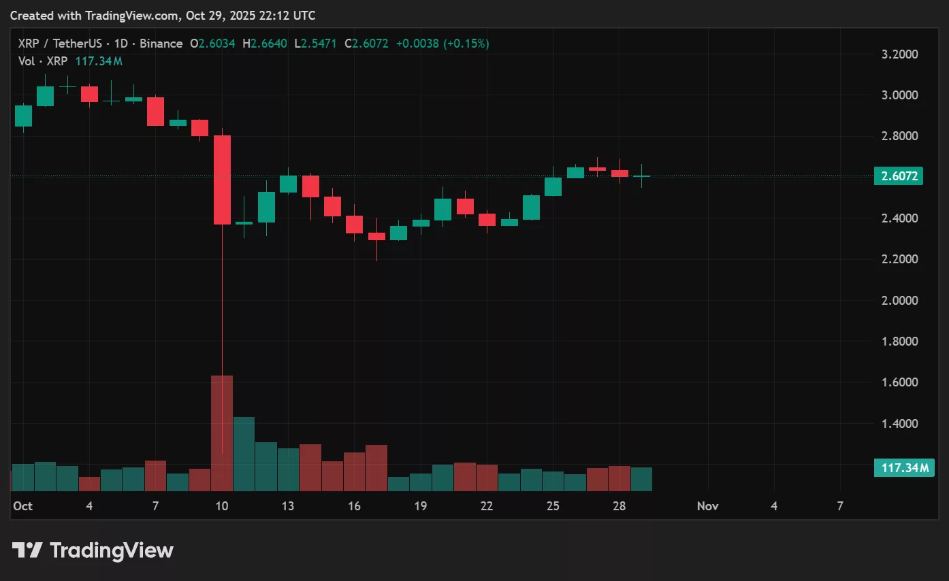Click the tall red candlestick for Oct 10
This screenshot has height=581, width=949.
(222, 180)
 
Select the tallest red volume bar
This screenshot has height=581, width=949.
(222, 433)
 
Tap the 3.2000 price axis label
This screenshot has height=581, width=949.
(899, 54)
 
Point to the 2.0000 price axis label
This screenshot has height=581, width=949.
(899, 301)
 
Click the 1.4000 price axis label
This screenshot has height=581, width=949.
(899, 424)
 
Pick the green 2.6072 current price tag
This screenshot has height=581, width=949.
(899, 177)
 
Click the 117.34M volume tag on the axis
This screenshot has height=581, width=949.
(904, 468)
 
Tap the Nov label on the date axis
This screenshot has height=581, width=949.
(708, 506)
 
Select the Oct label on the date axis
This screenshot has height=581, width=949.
(23, 506)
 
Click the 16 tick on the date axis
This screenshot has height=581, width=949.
(354, 506)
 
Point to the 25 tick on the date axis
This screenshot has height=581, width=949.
(553, 506)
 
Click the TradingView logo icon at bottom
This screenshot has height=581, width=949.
(28, 550)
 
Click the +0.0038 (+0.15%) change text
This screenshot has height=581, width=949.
(443, 44)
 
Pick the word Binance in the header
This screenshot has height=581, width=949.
(161, 44)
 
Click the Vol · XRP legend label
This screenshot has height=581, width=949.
(42, 61)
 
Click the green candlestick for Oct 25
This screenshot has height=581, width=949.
(553, 186)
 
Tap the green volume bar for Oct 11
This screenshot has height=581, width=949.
(244, 454)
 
